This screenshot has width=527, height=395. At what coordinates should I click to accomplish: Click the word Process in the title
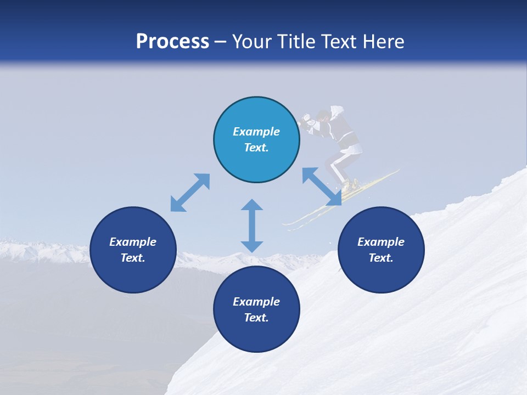(172, 42)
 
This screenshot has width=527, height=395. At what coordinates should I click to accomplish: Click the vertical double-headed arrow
(252, 225)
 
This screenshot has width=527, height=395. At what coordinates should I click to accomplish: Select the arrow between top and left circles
(190, 193)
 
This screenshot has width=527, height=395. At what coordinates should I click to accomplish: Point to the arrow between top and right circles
(322, 187)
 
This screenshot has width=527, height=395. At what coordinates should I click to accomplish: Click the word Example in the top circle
(256, 132)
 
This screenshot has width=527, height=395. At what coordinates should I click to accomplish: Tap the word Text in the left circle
(133, 258)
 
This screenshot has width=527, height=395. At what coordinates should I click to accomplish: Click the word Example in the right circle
(381, 242)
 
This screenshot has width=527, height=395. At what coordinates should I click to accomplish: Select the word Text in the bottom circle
(256, 318)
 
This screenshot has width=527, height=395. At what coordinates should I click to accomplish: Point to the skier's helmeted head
(323, 116)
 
